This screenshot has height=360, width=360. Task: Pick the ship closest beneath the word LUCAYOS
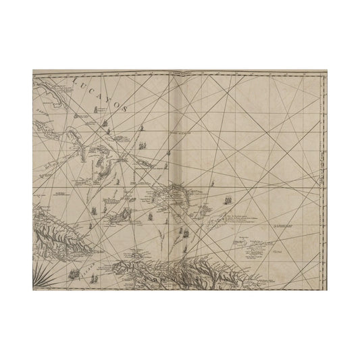pyautogui.click(x=105, y=124)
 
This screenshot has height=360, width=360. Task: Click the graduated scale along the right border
pyautogui.click(x=324, y=176)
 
